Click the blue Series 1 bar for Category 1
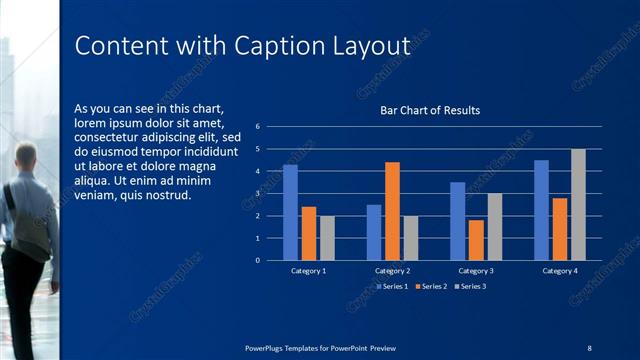290,212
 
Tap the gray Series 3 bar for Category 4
578,204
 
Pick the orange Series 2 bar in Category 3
476,240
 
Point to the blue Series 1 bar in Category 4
541,210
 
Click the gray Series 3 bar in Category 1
327,238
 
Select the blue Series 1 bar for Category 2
374,232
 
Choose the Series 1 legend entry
392,286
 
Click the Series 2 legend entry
430,286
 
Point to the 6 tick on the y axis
258,127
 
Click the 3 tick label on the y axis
258,193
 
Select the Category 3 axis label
476,271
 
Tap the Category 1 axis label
308,271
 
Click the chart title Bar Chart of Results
430,110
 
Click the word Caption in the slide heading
277,46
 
